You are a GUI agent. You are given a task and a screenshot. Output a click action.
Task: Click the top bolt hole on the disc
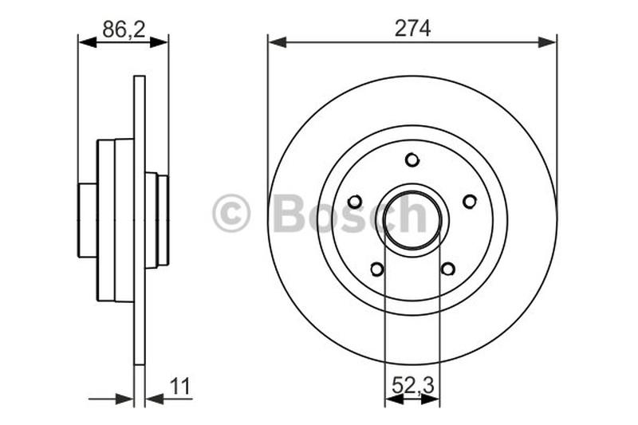coord(412,160)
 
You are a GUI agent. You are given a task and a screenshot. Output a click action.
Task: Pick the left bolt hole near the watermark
coord(355,202)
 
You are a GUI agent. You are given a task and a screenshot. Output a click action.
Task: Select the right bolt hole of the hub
coord(470,202)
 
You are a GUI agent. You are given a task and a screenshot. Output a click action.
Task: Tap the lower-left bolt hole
coord(377,269)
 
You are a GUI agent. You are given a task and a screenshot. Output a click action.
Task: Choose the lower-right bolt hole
coord(448,269)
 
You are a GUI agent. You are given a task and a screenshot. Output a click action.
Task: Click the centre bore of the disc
coord(412,215)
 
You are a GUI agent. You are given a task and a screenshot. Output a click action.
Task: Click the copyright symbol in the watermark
coord(231,214)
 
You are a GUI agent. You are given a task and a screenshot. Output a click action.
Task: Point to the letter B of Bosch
coord(288,214)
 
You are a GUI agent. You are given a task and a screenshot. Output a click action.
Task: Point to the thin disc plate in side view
coord(140,335)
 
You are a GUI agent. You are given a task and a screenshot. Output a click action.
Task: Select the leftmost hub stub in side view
coord(87,220)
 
